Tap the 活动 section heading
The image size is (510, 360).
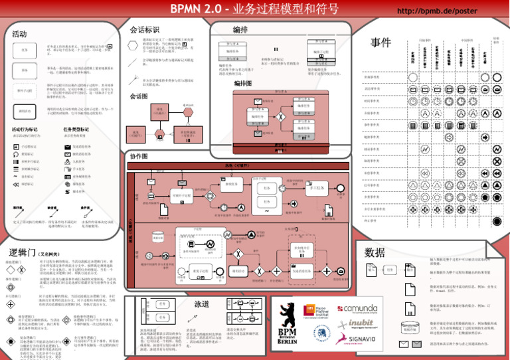click(x=19, y=34)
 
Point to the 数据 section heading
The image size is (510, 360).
click(x=375, y=252)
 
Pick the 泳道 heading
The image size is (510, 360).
click(x=202, y=304)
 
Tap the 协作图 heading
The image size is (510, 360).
click(x=139, y=156)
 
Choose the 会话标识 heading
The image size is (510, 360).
click(x=144, y=30)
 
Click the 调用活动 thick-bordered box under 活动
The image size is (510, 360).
click(x=25, y=111)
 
